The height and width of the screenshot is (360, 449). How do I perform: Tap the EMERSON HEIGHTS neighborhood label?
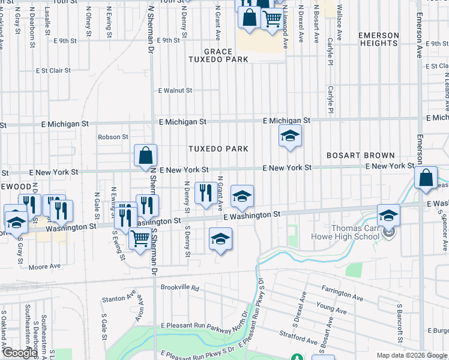[379, 40]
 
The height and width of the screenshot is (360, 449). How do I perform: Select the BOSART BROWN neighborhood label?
[360, 155]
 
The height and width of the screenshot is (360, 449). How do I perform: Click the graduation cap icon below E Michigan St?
[289, 137]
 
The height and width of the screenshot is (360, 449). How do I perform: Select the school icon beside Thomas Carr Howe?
[388, 215]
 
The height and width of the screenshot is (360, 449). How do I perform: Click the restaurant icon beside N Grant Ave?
[206, 193]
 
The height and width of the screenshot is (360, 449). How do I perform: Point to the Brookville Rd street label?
[179, 287]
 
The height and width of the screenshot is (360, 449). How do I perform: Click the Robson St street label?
[113, 137]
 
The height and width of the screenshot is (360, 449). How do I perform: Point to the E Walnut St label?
[175, 91]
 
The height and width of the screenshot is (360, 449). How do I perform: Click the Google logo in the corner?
[20, 352]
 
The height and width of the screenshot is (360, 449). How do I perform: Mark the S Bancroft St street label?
[398, 319]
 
